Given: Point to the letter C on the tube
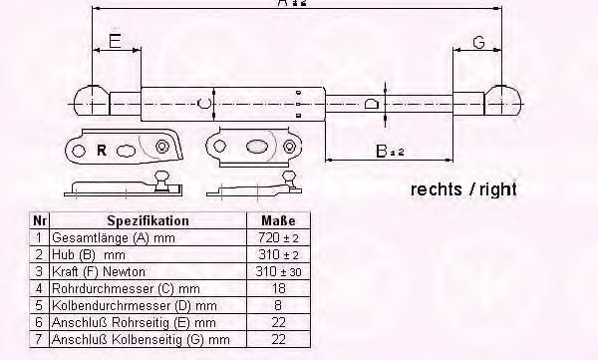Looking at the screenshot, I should pos(201,102).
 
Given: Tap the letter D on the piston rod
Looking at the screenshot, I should pos(371,103).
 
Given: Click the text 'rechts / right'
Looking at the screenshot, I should pos(463,188).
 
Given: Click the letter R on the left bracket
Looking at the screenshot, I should pos(103,151).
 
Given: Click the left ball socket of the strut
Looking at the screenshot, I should pos(91,102).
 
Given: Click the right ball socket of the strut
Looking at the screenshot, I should pos(505,102).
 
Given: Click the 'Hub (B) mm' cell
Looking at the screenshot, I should pos(84,253).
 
